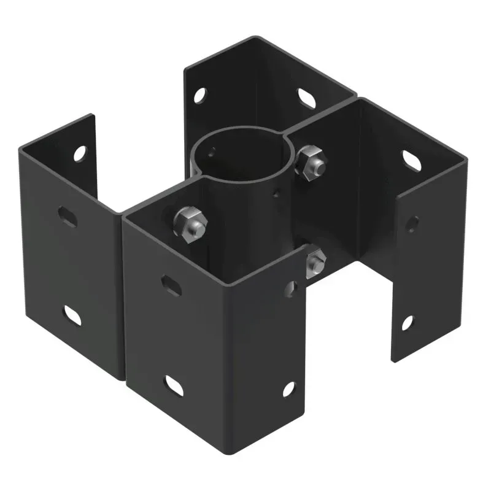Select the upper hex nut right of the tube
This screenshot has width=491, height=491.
311,160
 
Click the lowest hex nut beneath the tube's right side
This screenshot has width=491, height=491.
315,261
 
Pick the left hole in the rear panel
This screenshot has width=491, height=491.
199,96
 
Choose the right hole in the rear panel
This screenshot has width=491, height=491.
306,98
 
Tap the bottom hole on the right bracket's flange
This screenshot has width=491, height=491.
407,322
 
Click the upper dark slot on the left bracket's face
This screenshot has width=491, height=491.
68,216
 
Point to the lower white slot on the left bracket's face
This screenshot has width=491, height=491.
72,315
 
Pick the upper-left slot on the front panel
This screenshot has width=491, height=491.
171,285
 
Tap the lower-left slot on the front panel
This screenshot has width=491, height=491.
174,385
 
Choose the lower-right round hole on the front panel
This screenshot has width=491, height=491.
288,389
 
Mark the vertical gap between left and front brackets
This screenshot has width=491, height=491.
123,295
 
